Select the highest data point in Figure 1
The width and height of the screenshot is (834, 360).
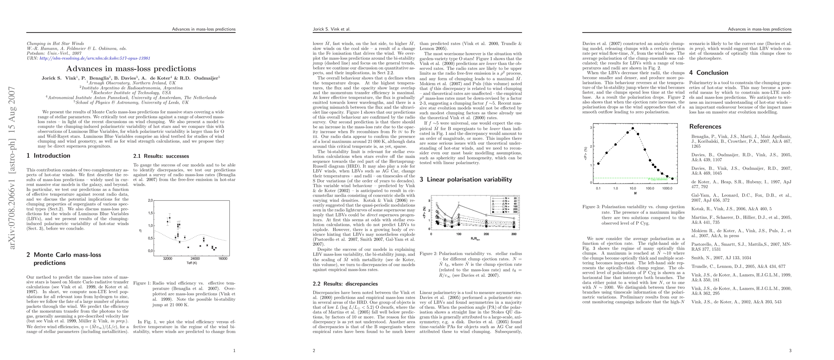coord(170,218)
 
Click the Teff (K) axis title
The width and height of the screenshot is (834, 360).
coord(192,263)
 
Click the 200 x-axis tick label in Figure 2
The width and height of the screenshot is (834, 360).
coord(486,234)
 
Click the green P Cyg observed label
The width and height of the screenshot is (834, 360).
coord(657,179)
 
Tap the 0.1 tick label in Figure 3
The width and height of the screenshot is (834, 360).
coord(598,188)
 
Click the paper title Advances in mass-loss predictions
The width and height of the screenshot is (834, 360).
coord(131,69)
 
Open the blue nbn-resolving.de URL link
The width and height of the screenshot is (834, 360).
coord(95,58)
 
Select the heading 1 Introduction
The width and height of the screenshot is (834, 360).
coord(49,156)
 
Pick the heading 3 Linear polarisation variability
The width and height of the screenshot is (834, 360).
coord(466,180)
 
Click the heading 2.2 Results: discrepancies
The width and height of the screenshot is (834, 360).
coord(345,284)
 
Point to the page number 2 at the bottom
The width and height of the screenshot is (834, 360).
coord(314,350)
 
